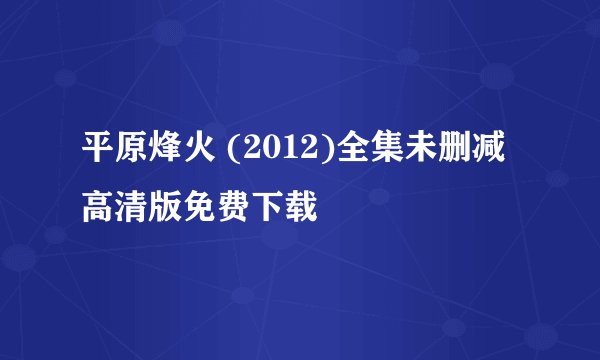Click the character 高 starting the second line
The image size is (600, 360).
coord(98,208)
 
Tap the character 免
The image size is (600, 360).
coord(202,208)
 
